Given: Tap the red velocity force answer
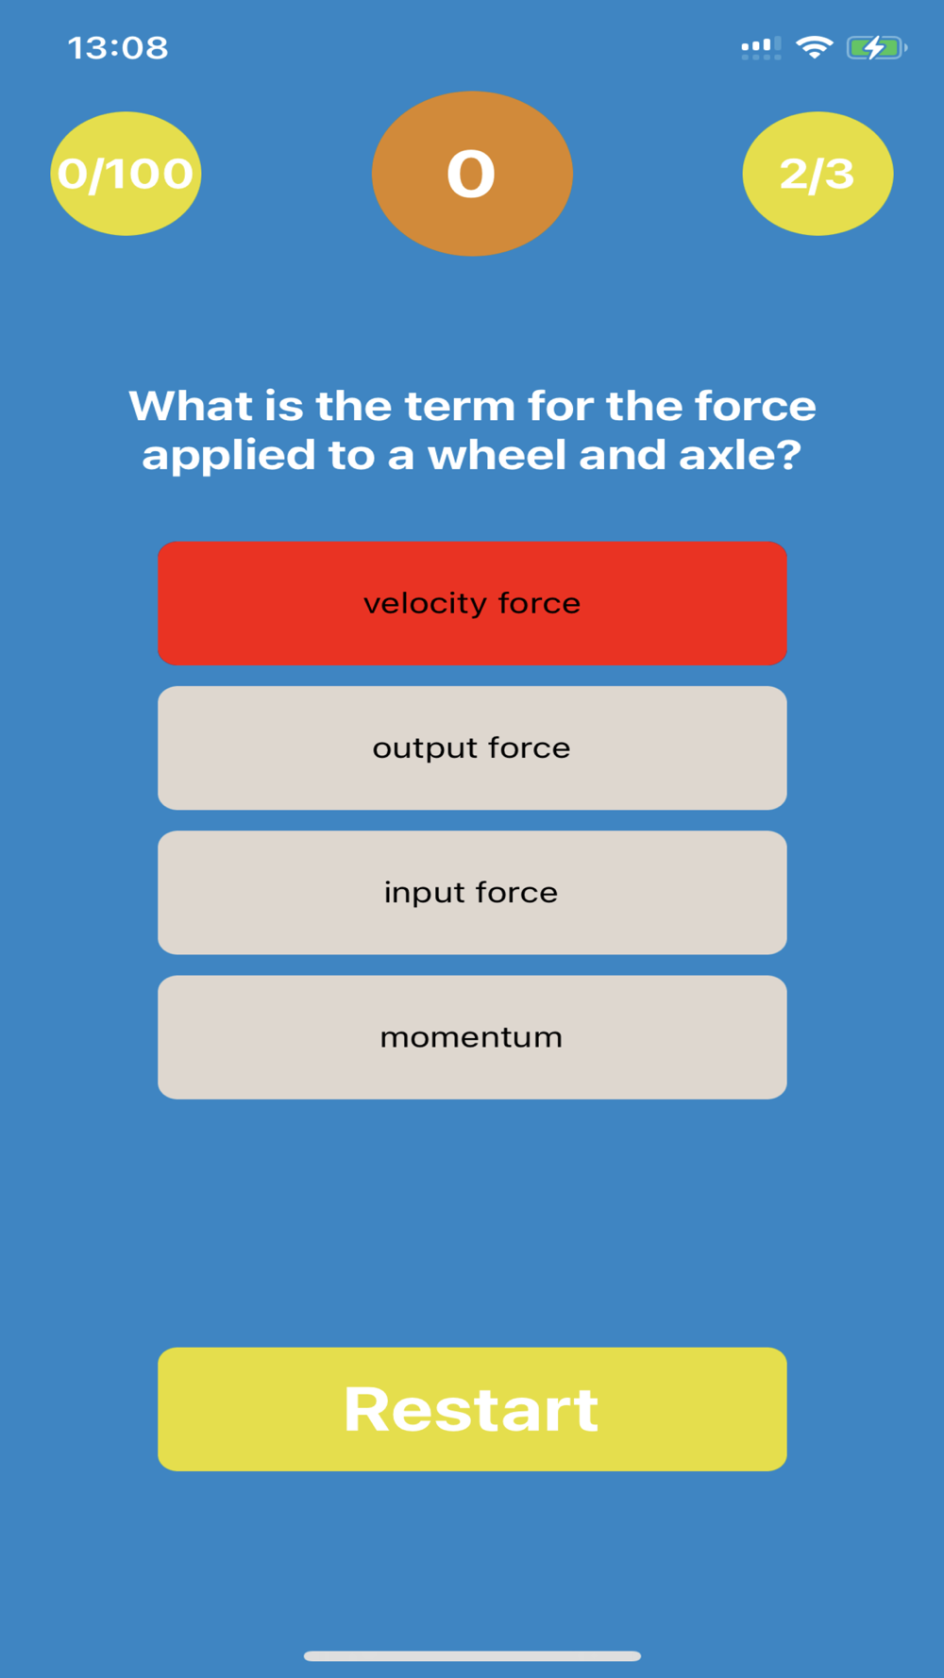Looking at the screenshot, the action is click(472, 603).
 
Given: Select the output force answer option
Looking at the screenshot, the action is click(472, 747).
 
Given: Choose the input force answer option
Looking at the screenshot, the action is click(472, 892).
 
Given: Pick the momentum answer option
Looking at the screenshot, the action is click(472, 1036).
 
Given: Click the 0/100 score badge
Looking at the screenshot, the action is click(126, 174).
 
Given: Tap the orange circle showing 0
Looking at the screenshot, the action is click(472, 174).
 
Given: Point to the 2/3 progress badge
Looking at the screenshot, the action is click(818, 174).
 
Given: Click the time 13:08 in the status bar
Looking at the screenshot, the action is click(118, 47).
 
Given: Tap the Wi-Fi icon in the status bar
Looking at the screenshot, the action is click(814, 47).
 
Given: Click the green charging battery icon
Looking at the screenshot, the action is click(877, 47).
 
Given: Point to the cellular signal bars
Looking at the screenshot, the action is click(761, 48).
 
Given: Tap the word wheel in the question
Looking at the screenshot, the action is click(497, 455).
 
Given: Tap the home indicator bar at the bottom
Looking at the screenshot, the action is click(472, 1655).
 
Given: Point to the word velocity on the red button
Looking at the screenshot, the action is click(425, 604).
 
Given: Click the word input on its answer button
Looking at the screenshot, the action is click(424, 893).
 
